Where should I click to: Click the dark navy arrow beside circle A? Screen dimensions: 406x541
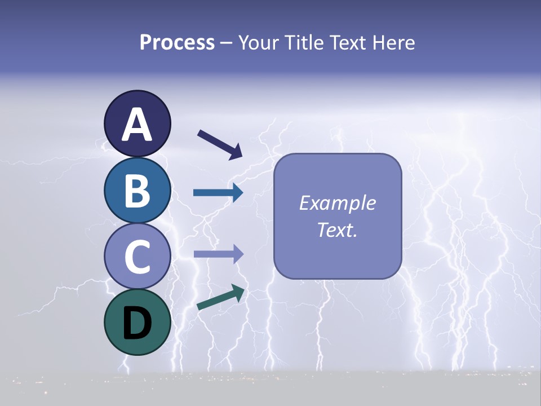point(220,143)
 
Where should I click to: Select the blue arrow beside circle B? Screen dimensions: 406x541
point(218,193)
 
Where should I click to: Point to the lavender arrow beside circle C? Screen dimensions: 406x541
point(218,254)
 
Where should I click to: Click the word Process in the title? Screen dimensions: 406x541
point(177,43)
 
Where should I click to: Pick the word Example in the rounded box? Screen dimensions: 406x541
point(337,203)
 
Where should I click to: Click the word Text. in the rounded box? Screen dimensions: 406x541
point(337,230)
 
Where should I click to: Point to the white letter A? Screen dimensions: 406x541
point(137,125)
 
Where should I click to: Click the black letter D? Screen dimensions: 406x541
point(137,323)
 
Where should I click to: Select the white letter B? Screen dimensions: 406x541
point(137,191)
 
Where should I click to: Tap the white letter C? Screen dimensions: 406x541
point(137,257)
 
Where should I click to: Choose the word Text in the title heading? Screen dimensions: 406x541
point(349,43)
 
